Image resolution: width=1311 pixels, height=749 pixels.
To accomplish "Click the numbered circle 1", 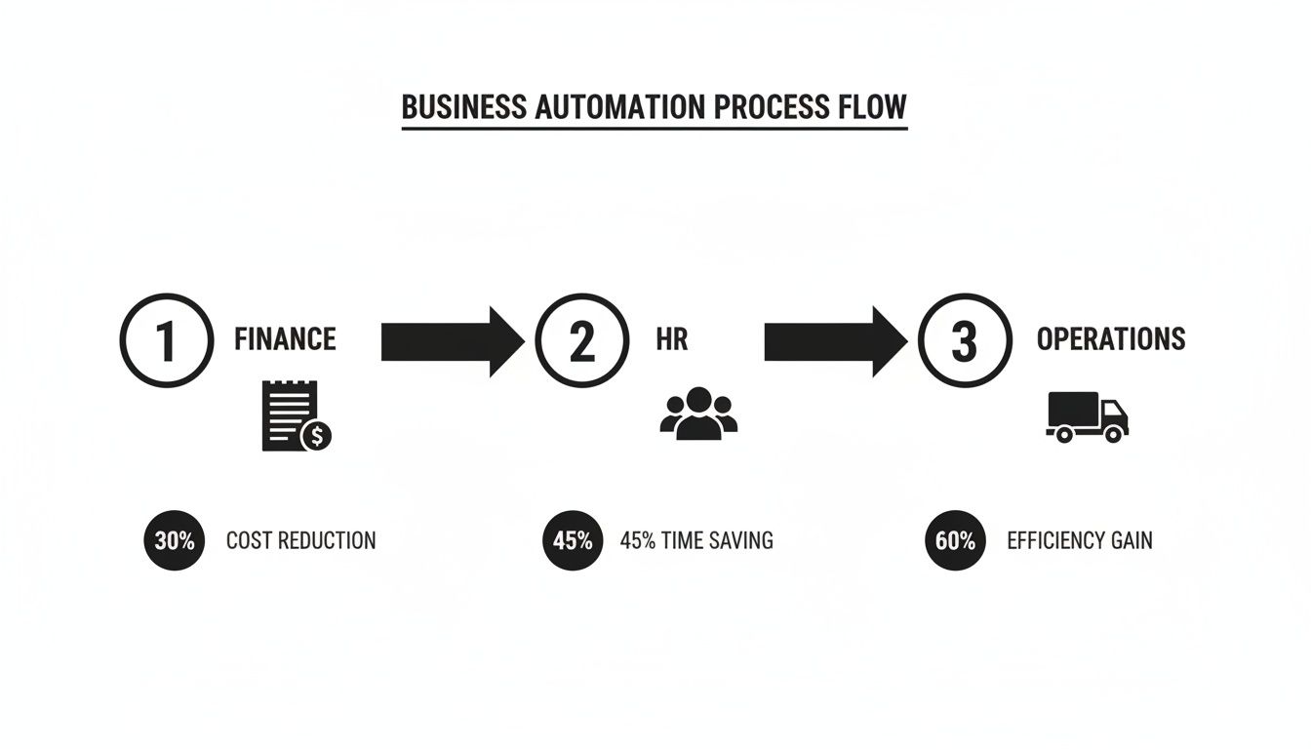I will (166, 340).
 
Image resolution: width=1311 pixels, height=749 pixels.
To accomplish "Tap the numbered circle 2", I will (581, 340).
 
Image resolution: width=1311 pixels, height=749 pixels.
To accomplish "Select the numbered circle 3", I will (964, 340).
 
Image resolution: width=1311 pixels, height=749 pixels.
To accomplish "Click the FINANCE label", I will (285, 339).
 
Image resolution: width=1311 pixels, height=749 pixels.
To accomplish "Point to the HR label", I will (672, 339).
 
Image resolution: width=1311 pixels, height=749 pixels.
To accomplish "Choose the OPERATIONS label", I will (1110, 339).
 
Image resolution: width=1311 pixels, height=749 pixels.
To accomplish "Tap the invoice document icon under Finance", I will (288, 414).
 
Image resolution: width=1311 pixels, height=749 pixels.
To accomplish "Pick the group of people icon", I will (698, 414).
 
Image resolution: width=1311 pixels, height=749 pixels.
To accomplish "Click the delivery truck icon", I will (1087, 416).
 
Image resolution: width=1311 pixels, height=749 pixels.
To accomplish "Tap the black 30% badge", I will (175, 539).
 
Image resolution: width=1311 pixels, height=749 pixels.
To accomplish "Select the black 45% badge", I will (573, 539).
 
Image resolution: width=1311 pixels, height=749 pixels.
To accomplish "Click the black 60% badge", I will (955, 539).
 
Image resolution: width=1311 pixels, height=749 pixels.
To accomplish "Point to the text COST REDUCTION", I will (300, 540).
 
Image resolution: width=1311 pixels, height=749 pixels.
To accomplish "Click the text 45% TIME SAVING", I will (696, 540).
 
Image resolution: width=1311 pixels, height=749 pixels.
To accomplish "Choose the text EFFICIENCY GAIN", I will (1079, 540).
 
